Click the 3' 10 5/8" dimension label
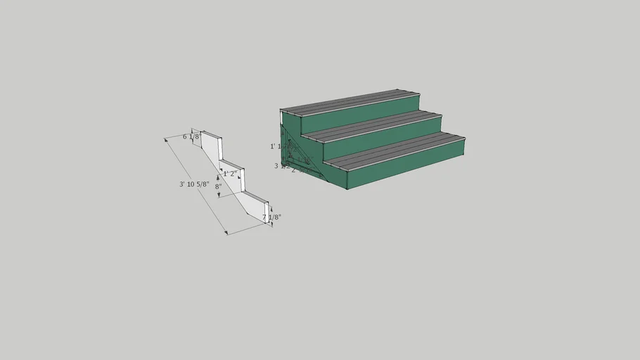pyautogui.click(x=194, y=184)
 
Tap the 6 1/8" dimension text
pyautogui.click(x=191, y=136)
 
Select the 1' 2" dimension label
pyautogui.click(x=230, y=174)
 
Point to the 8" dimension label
pyautogui.click(x=219, y=187)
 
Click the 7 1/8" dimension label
pyautogui.click(x=271, y=217)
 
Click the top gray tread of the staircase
pyautogui.click(x=352, y=103)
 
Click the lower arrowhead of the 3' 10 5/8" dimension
pyautogui.click(x=226, y=233)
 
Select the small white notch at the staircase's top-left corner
pyautogui.click(x=283, y=118)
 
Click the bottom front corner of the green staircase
pyautogui.click(x=347, y=189)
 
